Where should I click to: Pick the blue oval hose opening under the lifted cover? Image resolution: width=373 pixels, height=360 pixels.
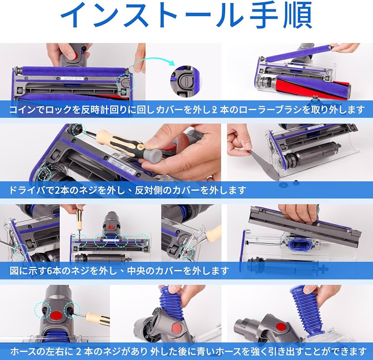pos(297,242)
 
